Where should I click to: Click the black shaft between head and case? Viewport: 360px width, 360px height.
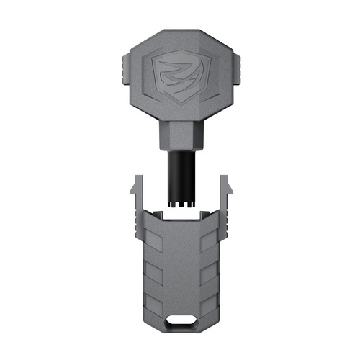[x=179, y=173]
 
